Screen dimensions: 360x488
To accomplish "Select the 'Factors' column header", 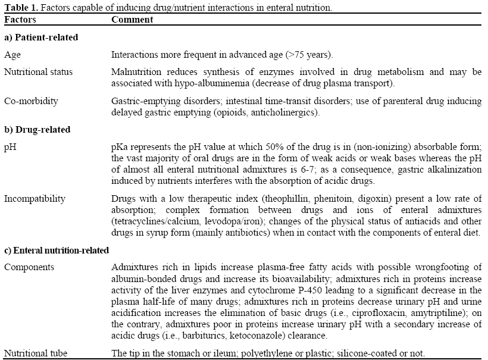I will point(20,20).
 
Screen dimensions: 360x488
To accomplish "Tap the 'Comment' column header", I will point(132,20).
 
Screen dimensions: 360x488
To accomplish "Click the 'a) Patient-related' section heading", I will point(41,37).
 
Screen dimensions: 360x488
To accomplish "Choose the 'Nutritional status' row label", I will point(38,72).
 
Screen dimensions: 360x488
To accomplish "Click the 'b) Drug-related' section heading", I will point(37,129).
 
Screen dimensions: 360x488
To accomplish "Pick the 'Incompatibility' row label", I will point(35,199).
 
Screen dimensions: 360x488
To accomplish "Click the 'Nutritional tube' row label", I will point(35,353).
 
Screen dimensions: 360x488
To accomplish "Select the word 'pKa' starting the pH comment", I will point(119,146).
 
